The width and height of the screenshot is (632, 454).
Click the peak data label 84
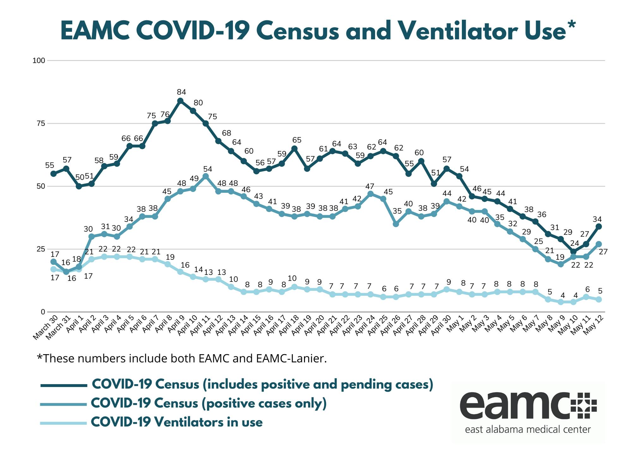[181, 92]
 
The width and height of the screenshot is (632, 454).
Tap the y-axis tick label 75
[41, 124]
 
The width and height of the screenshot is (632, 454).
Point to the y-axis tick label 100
[39, 60]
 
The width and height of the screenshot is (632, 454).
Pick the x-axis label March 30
[44, 329]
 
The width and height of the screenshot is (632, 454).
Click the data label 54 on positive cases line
[208, 169]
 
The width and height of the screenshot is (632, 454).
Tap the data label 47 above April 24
[370, 186]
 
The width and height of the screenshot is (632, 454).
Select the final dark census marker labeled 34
[599, 227]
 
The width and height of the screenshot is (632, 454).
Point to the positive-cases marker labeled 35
[396, 224]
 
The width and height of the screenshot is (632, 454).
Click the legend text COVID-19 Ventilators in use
[177, 422]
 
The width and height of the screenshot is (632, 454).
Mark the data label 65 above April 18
[297, 140]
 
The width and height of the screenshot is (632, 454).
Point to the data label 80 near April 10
[198, 103]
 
